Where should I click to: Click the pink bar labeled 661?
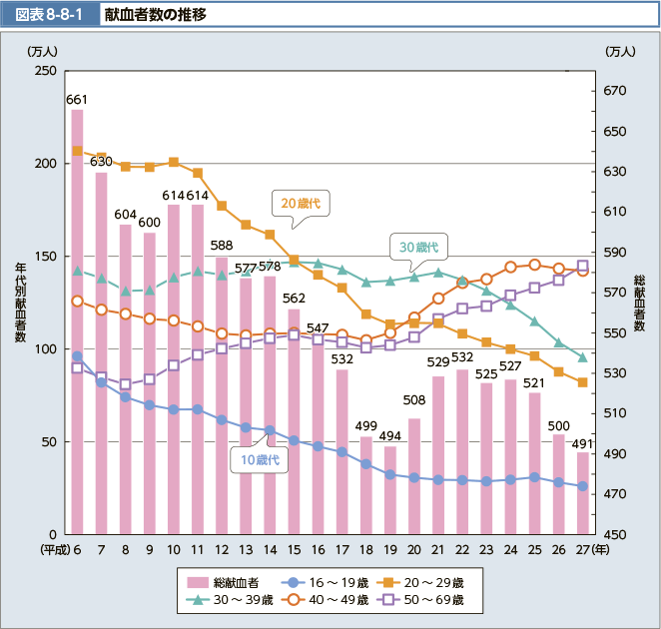[77, 319]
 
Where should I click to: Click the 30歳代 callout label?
[419, 246]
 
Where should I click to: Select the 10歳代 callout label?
[258, 460]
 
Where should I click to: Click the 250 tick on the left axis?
[44, 71]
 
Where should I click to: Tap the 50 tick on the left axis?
[48, 441]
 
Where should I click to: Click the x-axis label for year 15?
[294, 550]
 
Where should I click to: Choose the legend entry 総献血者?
[223, 581]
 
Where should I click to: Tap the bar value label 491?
[583, 443]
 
